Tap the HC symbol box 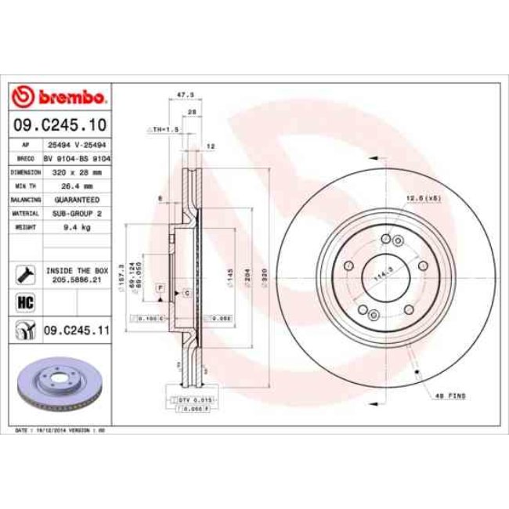point(23,301)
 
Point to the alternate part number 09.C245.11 point(76,331)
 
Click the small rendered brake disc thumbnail point(61,386)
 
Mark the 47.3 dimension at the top point(186,94)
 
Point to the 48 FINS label point(450,396)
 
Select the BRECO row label point(25,158)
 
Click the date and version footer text point(61,431)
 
